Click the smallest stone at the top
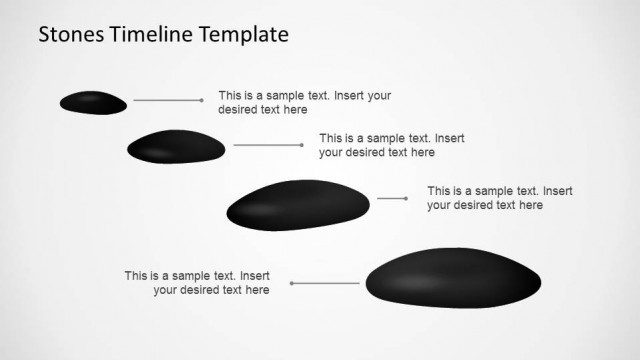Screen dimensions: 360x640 click(x=93, y=102)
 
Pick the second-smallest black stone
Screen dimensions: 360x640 click(x=176, y=147)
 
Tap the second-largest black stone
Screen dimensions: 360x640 click(x=297, y=205)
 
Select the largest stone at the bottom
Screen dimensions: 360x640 click(x=453, y=277)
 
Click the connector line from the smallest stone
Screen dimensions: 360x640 click(x=166, y=100)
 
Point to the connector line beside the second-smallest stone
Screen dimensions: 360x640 click(x=266, y=145)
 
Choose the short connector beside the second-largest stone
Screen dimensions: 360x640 click(x=390, y=198)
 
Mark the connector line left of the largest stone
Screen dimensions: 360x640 click(x=326, y=283)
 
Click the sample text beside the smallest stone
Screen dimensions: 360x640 click(x=304, y=103)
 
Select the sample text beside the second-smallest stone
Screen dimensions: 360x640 click(x=391, y=145)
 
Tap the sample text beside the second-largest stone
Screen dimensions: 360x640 click(x=499, y=198)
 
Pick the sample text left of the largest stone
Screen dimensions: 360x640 click(x=197, y=283)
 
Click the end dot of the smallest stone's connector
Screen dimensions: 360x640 click(x=202, y=100)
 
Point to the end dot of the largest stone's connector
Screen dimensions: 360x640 click(x=292, y=283)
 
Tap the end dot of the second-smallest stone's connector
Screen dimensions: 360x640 click(x=302, y=145)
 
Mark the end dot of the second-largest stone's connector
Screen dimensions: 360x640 click(x=406, y=198)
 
